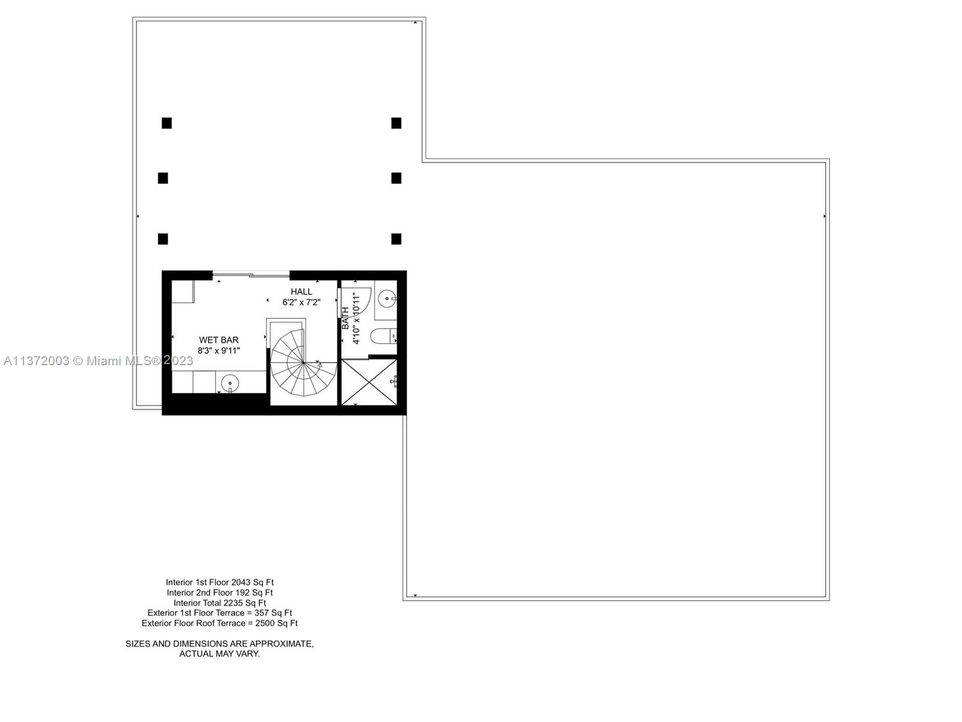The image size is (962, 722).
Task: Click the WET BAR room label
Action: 219,340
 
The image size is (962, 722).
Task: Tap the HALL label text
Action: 301,292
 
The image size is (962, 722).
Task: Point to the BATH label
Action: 346,318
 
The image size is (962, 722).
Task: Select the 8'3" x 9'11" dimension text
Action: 219,351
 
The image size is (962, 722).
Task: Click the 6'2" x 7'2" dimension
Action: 301,303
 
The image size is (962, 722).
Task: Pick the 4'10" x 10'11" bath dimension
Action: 356,318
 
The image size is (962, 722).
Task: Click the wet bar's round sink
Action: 230,383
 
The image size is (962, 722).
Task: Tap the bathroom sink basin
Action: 387,297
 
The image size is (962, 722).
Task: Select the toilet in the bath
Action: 382,336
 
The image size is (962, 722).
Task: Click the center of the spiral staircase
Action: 303,363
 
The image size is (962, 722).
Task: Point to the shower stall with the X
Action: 369,382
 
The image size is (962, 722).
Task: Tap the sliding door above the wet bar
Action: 251,275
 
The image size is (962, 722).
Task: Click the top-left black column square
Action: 167,123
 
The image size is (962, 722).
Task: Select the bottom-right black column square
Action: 396,239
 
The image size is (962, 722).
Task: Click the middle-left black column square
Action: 163,178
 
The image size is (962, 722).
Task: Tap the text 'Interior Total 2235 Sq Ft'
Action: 219,603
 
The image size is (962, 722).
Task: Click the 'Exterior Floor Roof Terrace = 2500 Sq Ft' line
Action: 219,623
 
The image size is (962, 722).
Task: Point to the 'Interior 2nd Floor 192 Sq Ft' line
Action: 219,593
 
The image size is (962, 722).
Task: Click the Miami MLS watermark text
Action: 98,361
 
